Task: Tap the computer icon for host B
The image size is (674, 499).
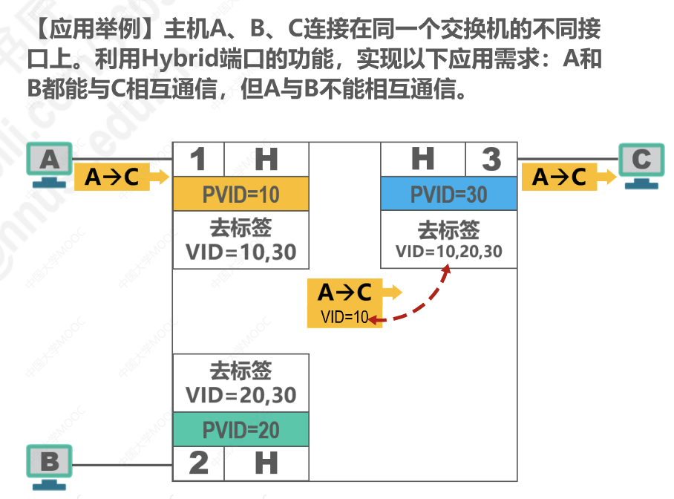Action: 50,466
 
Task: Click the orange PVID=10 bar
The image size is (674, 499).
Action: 241,195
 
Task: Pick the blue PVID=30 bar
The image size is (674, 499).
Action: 448,195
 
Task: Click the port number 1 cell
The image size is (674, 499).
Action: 198,159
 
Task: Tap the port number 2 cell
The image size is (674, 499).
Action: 198,463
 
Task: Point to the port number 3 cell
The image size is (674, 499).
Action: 491,159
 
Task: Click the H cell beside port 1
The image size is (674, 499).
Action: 266,159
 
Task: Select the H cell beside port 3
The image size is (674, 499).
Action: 422,159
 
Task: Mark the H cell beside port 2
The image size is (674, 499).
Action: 266,463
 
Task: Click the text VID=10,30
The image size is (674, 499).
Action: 241,252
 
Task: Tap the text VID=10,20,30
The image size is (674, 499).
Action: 448,252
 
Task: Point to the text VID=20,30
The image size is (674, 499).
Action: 241,394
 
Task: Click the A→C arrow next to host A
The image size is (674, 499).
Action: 121,177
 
